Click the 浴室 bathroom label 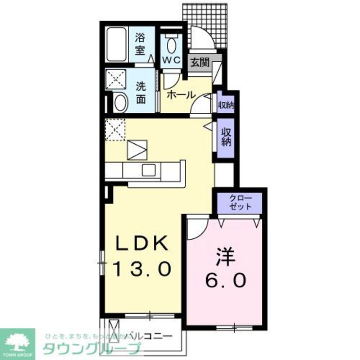140,43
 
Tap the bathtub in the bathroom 116,44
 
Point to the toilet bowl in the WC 172,46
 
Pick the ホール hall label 181,95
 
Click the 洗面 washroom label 141,93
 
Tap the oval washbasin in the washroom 121,103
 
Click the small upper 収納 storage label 226,105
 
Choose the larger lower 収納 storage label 226,136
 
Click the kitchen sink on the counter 148,170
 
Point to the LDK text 141,244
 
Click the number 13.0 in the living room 141,269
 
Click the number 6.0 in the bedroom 226,279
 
